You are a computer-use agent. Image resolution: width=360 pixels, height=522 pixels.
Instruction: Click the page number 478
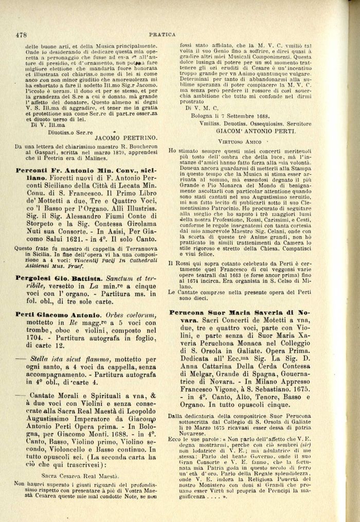(x=21, y=35)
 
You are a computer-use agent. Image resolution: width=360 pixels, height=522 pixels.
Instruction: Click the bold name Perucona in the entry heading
(x=188, y=313)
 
